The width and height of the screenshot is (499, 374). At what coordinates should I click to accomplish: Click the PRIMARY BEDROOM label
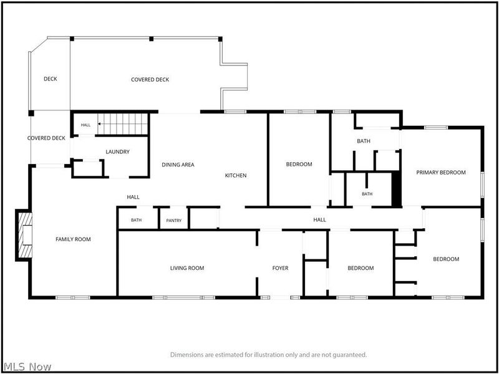coord(441,173)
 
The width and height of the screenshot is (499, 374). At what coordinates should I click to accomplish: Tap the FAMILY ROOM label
coord(73,239)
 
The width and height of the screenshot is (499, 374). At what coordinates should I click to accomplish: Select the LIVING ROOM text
coord(187,268)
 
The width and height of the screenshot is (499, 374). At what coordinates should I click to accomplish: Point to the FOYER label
coord(280,268)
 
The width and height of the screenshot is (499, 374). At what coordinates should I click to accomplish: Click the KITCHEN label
coord(236,175)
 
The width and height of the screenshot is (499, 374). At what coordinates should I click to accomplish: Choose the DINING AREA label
coord(178,165)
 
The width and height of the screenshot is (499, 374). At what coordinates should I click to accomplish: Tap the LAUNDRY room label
coord(118,151)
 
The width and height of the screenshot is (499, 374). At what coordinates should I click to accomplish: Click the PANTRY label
coord(174,221)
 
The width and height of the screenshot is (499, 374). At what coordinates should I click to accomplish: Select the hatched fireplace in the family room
coord(25,235)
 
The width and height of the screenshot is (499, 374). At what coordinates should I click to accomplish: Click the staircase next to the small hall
coord(123,124)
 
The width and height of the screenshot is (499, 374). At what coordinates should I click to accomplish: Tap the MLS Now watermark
coord(26,367)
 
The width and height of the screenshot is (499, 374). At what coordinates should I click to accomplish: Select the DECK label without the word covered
coord(51,79)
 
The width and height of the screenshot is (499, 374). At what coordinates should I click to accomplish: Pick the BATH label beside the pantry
coord(136,220)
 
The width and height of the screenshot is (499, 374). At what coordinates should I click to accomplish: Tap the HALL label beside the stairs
coord(85,125)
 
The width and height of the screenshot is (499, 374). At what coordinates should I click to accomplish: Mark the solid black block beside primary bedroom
coord(396,189)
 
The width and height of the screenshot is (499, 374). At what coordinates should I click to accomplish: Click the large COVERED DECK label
coord(150,80)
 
